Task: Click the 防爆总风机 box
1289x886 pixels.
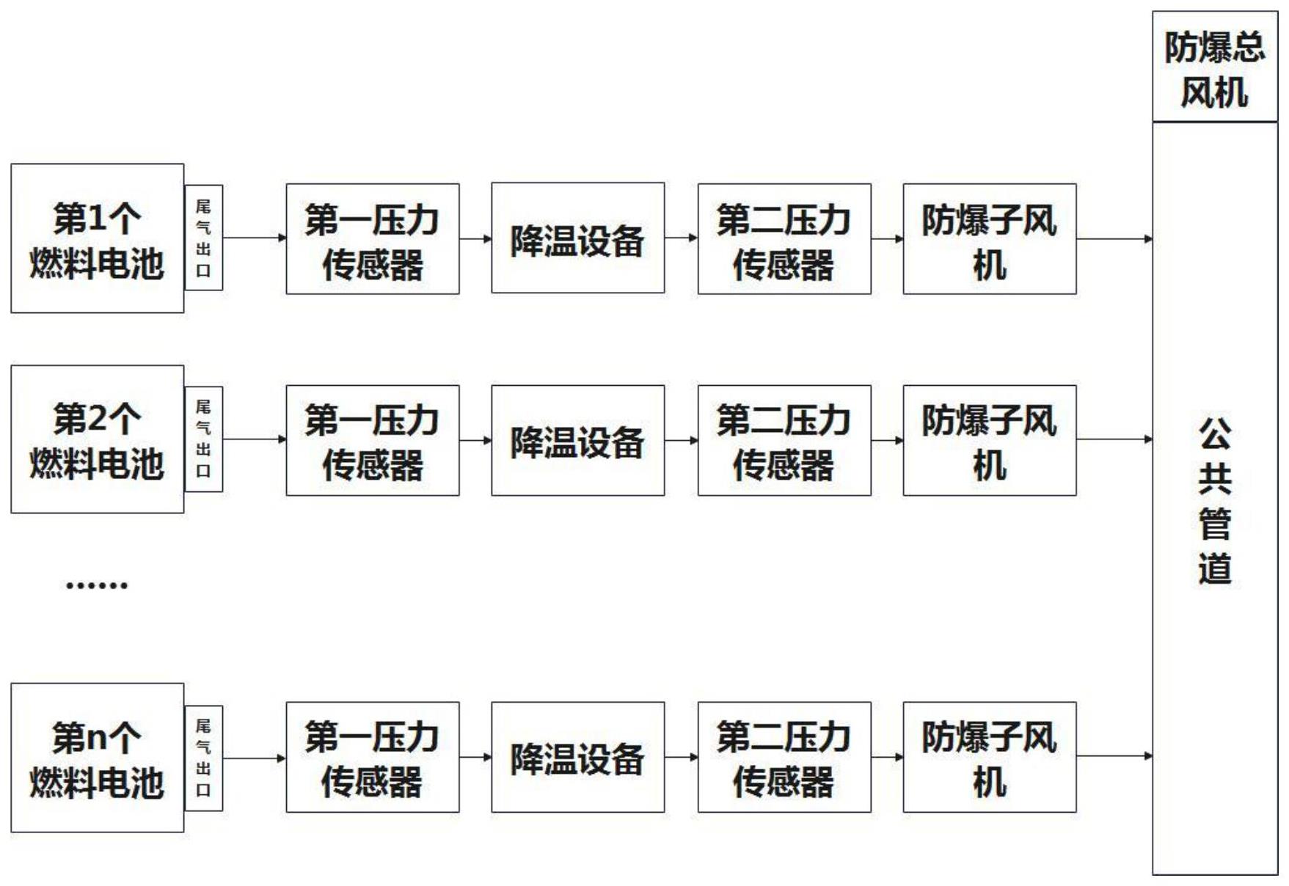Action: [x=1214, y=67]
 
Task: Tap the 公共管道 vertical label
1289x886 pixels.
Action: [x=1214, y=501]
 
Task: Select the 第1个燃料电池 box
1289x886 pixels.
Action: [x=97, y=238]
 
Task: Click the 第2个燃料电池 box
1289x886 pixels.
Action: [x=97, y=439]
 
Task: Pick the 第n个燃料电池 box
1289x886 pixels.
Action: [x=97, y=758]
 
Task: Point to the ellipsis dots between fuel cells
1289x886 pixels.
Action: [x=97, y=585]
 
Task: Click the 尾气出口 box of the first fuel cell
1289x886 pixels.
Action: [x=203, y=238]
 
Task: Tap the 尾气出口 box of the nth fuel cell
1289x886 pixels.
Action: [x=203, y=758]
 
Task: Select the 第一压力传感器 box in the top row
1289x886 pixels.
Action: [x=372, y=239]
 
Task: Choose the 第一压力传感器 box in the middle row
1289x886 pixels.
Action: [x=372, y=440]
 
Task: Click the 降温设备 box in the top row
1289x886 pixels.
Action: [x=577, y=238]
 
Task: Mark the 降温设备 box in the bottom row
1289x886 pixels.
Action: [x=577, y=757]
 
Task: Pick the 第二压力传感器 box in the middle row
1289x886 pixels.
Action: [x=784, y=440]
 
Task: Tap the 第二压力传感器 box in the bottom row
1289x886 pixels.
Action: [x=784, y=757]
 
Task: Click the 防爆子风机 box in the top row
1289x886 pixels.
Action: [x=989, y=239]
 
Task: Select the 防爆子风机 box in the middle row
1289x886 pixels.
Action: [x=989, y=440]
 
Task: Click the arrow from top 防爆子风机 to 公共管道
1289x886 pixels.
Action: [x=1114, y=238]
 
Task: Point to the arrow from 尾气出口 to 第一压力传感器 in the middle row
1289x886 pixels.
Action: [x=254, y=439]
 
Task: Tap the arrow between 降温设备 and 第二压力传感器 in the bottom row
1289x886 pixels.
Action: [x=681, y=757]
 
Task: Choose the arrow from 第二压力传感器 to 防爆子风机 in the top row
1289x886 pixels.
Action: [x=887, y=238]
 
